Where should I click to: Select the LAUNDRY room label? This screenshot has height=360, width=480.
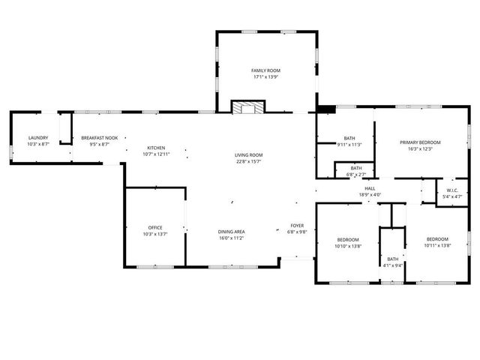tap(38, 137)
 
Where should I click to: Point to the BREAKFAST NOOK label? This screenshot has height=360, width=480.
tap(100, 137)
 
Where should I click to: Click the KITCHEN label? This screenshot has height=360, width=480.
tap(156, 148)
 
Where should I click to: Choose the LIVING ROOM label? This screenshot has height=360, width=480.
tap(249, 154)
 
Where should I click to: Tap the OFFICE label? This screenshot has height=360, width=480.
tap(155, 227)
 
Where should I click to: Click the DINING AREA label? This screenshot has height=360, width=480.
tap(232, 232)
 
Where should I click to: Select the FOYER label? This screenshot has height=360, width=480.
tap(297, 226)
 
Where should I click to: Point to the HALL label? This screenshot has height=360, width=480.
tap(370, 188)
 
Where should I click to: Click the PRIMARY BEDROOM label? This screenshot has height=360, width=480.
tap(420, 142)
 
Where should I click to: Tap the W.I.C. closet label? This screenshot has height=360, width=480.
tap(452, 190)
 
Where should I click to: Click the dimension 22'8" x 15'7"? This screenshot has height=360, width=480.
tap(249, 161)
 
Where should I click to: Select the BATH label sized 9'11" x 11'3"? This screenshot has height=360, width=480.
tap(349, 138)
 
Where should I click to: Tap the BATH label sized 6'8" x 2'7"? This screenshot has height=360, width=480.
tap(355, 168)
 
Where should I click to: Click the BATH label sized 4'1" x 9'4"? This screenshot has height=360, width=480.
tap(393, 259)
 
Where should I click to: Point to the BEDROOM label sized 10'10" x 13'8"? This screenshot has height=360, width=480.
tap(347, 239)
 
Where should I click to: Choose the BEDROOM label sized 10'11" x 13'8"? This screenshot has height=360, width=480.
tap(436, 239)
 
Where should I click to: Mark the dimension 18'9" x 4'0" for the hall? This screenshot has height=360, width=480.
tap(370, 195)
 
